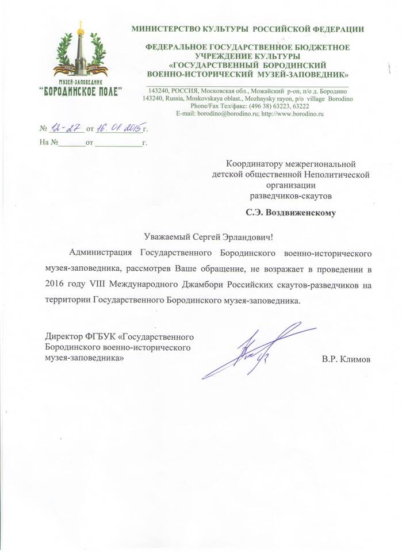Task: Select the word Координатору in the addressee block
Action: pyautogui.click(x=251, y=164)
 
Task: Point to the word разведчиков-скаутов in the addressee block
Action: pyautogui.click(x=290, y=195)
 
